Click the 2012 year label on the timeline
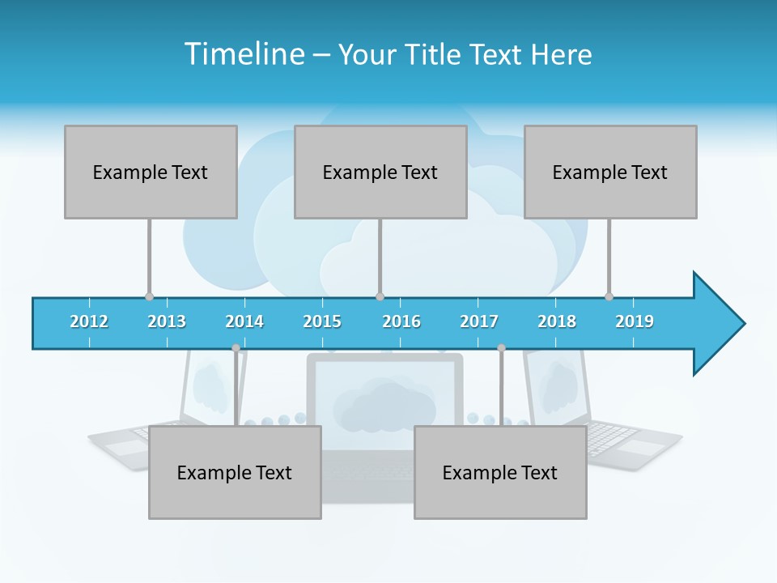pos(89,321)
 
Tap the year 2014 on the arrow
pos(244,321)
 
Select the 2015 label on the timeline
pos(322,321)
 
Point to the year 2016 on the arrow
pos(401,321)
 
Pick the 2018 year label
pos(557,321)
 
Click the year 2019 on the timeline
pos(635,321)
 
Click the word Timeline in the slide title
pos(244,54)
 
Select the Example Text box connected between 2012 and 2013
pos(151,172)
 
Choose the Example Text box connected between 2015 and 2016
pos(380,172)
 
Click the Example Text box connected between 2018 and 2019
pos(610,172)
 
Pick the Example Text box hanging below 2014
pos(235,472)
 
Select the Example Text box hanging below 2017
pos(500,472)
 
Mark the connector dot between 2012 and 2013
pos(149,296)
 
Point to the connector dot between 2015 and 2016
pos(380,296)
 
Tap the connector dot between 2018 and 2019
pos(609,296)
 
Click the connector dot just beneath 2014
pos(236,348)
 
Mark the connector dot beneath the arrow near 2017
pos(501,348)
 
